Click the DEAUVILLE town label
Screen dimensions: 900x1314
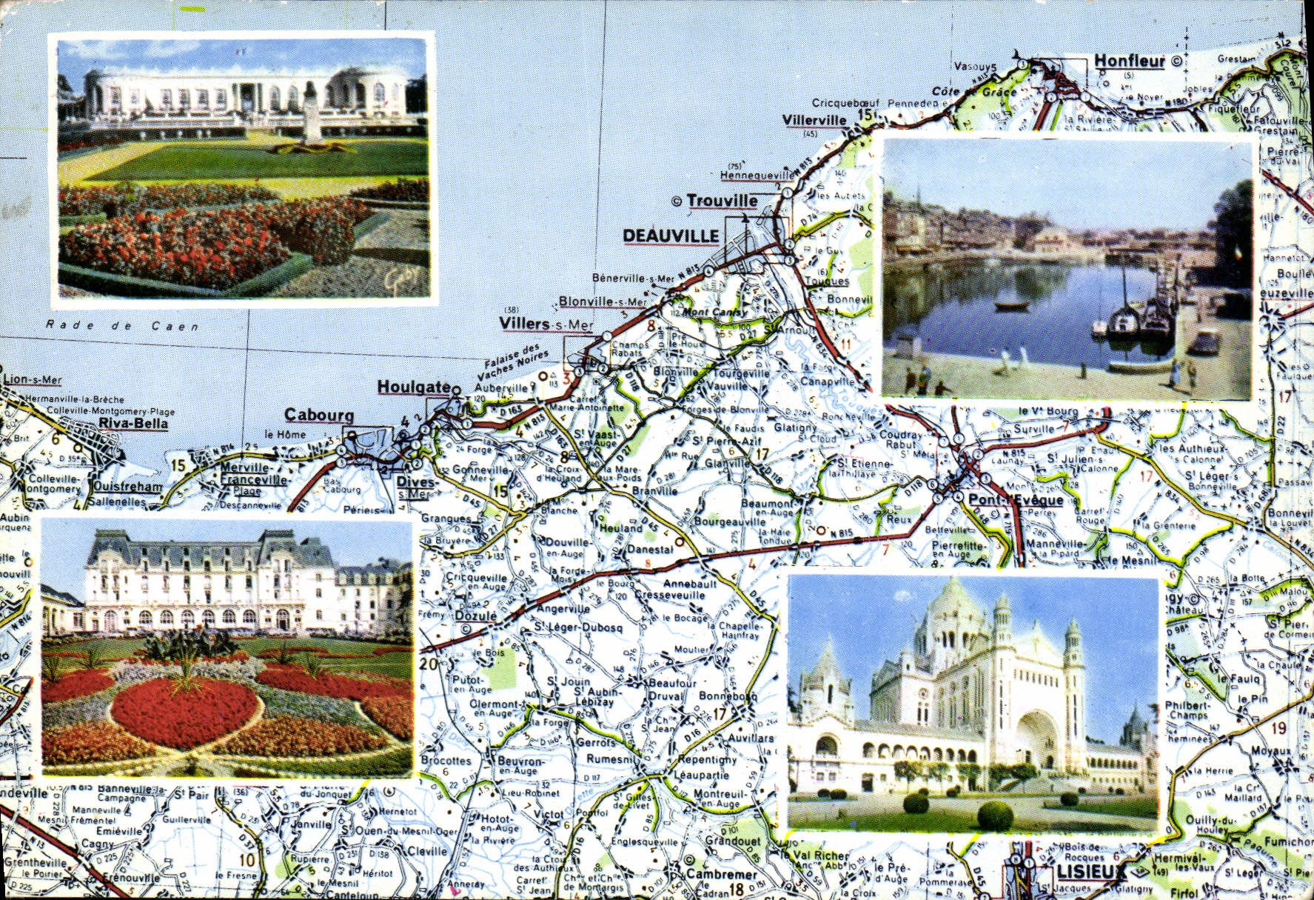point(671,236)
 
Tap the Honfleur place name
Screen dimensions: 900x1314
point(1129,61)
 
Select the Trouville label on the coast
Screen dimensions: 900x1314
point(722,201)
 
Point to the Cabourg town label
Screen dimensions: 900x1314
point(319,416)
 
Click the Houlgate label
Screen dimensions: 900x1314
point(413,387)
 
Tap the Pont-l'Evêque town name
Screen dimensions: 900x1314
point(1016,500)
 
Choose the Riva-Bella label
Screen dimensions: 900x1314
point(133,424)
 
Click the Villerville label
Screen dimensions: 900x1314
point(814,120)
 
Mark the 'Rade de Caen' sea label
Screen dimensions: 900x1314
point(122,325)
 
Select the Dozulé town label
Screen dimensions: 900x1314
point(475,616)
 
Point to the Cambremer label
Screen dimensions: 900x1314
point(721,874)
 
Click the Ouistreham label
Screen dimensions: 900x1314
point(127,487)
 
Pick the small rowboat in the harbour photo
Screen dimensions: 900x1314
point(1011,305)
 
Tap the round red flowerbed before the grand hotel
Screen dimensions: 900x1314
point(184,711)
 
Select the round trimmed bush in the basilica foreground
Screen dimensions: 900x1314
point(995,816)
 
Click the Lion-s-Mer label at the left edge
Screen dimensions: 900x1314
point(33,380)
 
